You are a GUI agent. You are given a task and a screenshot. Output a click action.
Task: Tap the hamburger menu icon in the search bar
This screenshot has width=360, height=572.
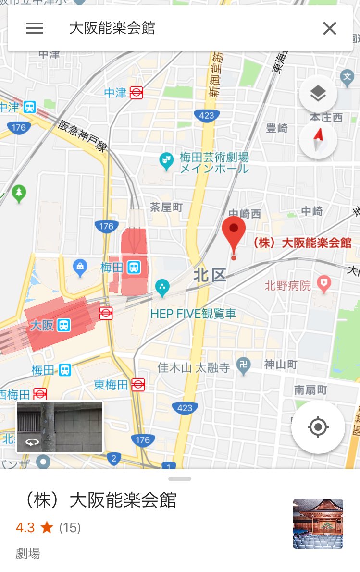click(x=35, y=29)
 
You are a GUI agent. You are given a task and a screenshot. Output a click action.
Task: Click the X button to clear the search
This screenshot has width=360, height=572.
click(x=330, y=29)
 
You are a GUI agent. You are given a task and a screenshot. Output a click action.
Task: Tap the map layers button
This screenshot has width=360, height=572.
click(x=318, y=94)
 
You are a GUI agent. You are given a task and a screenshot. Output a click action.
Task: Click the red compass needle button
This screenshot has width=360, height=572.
click(x=318, y=141)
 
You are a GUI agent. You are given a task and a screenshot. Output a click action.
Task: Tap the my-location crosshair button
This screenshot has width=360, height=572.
click(x=318, y=427)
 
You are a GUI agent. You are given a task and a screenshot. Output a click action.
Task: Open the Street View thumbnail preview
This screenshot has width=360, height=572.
click(x=60, y=427)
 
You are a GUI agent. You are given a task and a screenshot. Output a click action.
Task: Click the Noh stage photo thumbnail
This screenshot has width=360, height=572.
click(x=318, y=523)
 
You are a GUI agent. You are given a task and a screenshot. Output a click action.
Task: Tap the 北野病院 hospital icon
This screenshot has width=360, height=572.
click(x=325, y=285)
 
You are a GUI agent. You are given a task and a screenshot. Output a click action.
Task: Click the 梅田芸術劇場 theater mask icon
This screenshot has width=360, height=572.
click(x=166, y=161)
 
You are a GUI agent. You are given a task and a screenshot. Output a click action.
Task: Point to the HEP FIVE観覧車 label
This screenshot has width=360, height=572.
click(x=193, y=314)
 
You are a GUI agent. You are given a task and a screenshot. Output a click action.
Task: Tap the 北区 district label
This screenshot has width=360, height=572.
click(x=210, y=276)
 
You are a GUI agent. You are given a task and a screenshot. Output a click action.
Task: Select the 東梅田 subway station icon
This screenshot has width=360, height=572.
click(x=138, y=384)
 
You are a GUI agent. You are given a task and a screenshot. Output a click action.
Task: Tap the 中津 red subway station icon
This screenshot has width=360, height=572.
click(x=137, y=93)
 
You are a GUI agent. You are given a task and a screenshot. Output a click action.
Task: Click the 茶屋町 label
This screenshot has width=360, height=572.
click(x=166, y=207)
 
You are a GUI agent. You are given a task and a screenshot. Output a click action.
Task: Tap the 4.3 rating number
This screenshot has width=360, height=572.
click(x=25, y=528)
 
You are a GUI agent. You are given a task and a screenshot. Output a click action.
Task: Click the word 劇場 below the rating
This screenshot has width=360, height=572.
click(x=28, y=553)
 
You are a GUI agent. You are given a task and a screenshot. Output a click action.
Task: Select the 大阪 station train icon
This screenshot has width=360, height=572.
click(x=63, y=325)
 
